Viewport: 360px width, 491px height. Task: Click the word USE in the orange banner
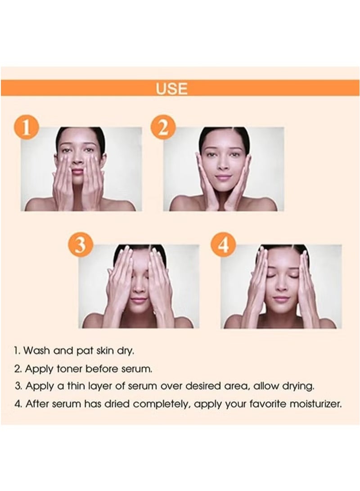pyautogui.click(x=171, y=88)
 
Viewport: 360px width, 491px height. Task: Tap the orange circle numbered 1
pyautogui.click(x=27, y=129)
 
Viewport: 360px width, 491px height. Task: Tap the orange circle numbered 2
pyautogui.click(x=163, y=129)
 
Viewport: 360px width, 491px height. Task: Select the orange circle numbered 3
pyautogui.click(x=80, y=245)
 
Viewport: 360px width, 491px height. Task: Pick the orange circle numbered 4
pyautogui.click(x=223, y=245)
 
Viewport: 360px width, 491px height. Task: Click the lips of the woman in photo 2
pyautogui.click(x=224, y=178)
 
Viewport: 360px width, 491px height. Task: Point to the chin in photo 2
pyautogui.click(x=224, y=188)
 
